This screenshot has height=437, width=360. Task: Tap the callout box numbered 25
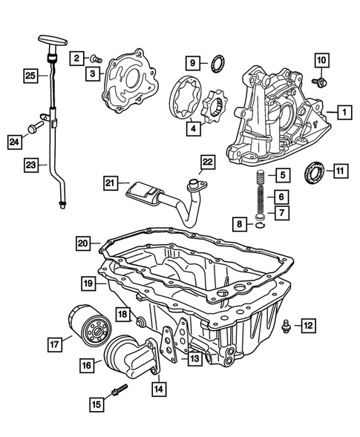[30, 76]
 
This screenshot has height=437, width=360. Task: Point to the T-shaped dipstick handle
[45, 42]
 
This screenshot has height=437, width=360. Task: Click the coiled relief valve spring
[261, 197]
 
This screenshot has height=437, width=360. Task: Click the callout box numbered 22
[207, 162]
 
